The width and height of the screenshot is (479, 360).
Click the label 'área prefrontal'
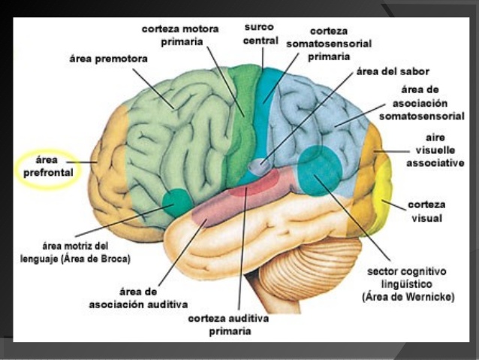click(48, 166)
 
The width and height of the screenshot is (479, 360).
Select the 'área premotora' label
click(108, 59)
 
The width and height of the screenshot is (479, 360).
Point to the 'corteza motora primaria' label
click(180, 35)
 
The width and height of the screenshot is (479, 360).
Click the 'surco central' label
click(261, 34)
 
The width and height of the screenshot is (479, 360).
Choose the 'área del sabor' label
click(393, 71)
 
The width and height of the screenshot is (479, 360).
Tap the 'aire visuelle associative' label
click(435, 150)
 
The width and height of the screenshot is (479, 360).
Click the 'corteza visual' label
click(426, 211)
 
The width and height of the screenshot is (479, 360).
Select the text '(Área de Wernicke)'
click(408, 297)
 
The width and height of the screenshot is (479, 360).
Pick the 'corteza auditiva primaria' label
click(228, 325)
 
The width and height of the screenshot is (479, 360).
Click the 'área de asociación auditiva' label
click(138, 298)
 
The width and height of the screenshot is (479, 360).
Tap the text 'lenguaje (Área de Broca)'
click(75, 259)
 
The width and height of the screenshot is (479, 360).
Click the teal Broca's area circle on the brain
click(176, 202)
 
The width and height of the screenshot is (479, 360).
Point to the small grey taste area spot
click(259, 167)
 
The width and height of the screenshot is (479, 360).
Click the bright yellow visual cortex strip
click(385, 195)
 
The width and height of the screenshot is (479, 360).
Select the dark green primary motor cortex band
click(243, 123)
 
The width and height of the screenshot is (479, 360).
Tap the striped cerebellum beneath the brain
click(309, 272)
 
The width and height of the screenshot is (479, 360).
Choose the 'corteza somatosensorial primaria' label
click(329, 44)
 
